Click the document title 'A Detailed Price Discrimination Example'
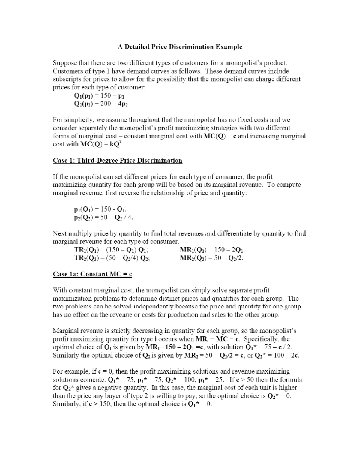(180, 47)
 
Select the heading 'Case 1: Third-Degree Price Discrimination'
(118, 161)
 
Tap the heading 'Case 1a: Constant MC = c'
(92, 274)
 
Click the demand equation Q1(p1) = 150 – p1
(99, 96)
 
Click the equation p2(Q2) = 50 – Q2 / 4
(103, 218)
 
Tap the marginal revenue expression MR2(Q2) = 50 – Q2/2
(211, 258)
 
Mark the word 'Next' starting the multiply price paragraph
(60, 233)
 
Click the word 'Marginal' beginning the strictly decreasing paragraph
(65, 331)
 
